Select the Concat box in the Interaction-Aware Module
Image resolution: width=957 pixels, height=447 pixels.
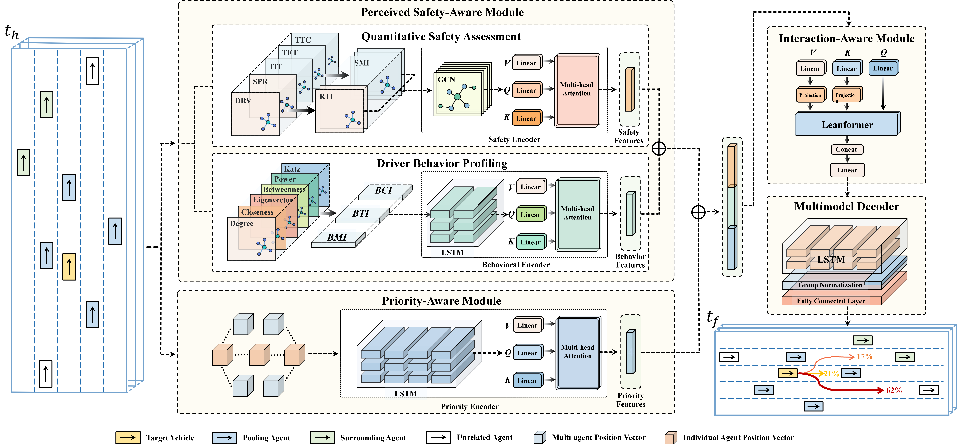click(x=847, y=149)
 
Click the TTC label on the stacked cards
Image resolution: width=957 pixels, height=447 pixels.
click(x=303, y=40)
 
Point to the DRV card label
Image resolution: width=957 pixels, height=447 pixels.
click(x=243, y=101)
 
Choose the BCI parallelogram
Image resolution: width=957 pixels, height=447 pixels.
click(x=384, y=191)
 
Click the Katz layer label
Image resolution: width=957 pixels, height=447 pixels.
click(x=292, y=169)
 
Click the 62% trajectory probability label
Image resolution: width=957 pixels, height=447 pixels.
click(x=894, y=390)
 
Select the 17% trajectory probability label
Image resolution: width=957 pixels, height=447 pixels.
click(x=864, y=357)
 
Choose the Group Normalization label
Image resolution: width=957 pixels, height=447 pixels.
click(x=830, y=285)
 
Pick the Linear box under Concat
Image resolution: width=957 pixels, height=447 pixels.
click(x=847, y=170)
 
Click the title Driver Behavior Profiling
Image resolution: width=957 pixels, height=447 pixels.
click(x=442, y=163)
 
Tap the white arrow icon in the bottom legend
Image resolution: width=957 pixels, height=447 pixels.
click(x=438, y=437)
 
